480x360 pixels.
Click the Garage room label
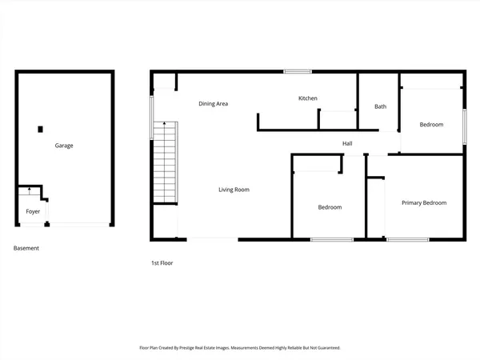point(64,146)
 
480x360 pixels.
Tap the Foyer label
point(33,212)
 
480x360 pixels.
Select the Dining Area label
point(214,104)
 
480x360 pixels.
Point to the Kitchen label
point(308,98)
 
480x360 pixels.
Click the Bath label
point(381,107)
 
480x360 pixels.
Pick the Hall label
point(347,144)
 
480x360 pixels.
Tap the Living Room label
point(235,190)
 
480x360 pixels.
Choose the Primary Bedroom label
point(424,203)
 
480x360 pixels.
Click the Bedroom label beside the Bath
point(431,125)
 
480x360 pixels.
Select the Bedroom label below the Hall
point(330,208)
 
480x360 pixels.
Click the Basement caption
point(26,248)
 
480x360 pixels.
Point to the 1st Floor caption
point(162,262)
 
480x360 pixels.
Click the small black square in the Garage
point(40,129)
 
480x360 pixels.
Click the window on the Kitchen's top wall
point(298,72)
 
